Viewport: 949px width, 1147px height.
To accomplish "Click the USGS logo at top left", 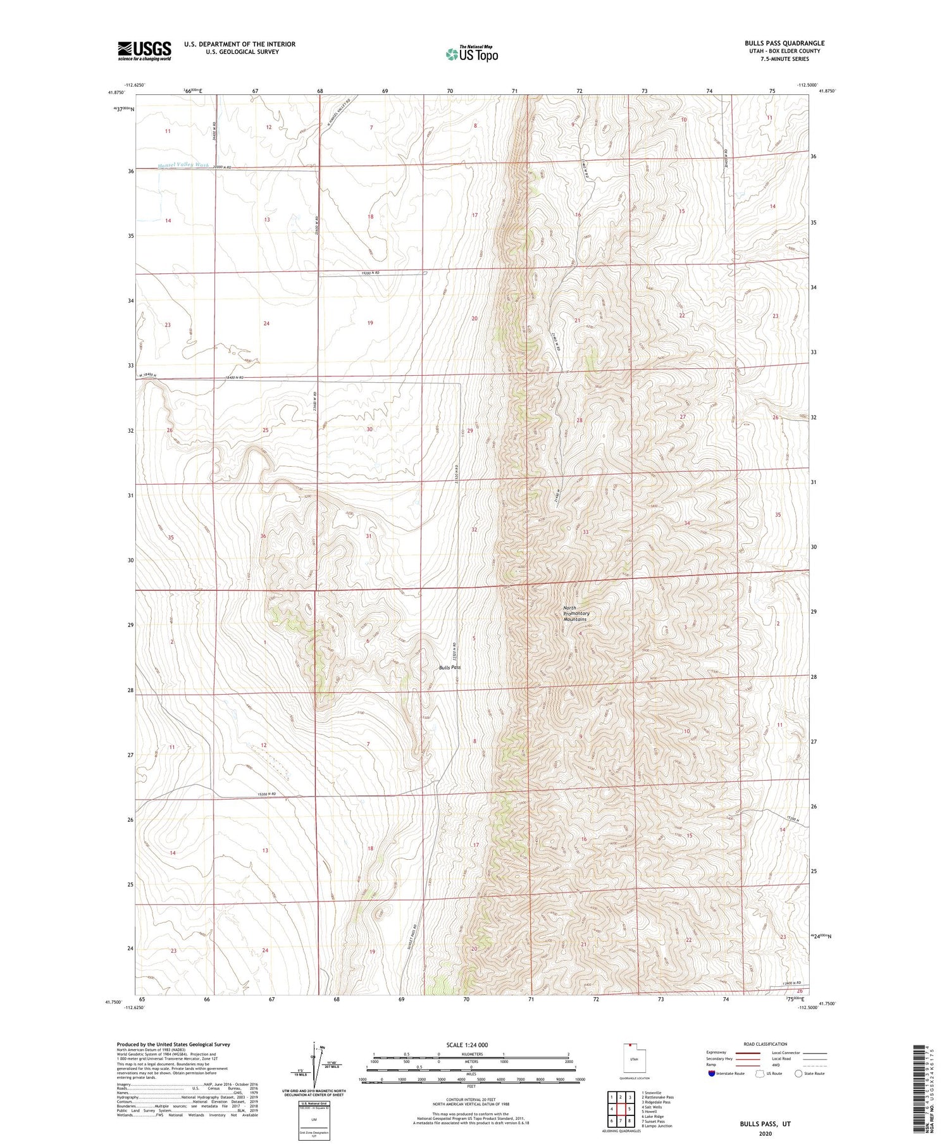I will tap(144, 51).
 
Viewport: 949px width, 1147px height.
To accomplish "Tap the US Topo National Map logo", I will tap(471, 54).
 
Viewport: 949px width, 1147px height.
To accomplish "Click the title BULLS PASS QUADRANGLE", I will tap(784, 43).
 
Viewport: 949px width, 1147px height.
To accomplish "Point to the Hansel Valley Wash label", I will tap(183, 165).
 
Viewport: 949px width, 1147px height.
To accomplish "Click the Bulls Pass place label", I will tap(450, 667).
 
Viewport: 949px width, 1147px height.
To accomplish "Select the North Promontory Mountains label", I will tap(576, 614).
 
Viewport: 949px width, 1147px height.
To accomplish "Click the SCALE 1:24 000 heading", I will tap(471, 1045).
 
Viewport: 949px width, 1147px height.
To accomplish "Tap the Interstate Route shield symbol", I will tap(712, 1074).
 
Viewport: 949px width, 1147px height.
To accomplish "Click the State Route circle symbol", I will tap(798, 1074).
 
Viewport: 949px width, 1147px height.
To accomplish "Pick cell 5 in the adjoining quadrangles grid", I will tap(630, 1108).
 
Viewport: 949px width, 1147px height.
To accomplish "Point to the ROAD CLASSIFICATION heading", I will tap(766, 1044).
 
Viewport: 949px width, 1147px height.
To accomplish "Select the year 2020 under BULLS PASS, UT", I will tap(766, 1132).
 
